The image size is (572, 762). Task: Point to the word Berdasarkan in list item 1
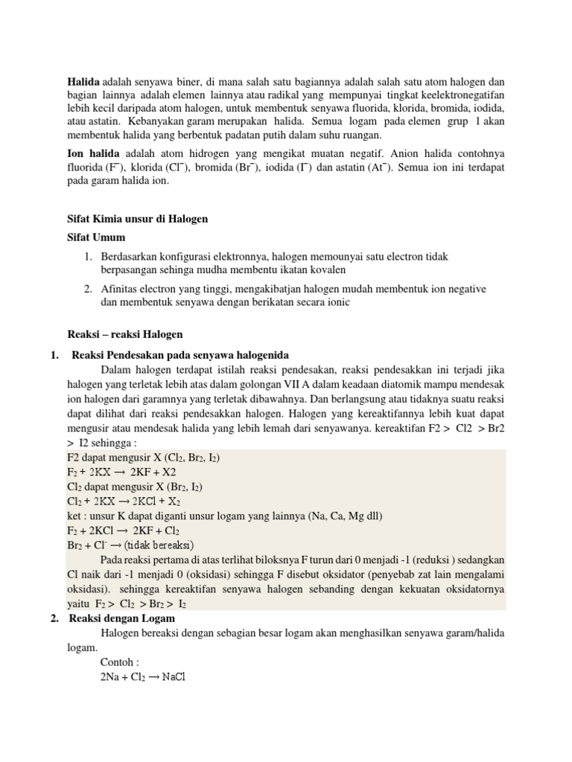pos(131,256)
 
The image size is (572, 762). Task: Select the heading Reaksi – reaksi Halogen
pos(125,334)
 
